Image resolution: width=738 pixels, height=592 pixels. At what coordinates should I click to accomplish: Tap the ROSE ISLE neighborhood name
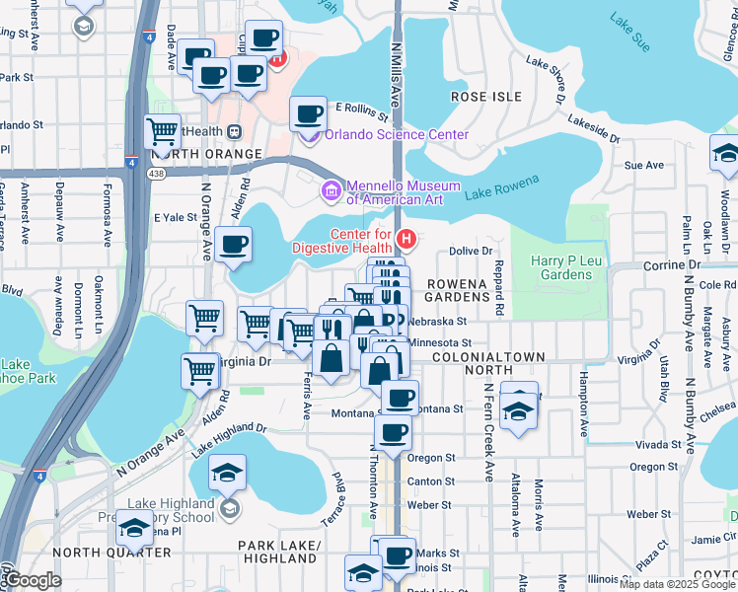pos(484,97)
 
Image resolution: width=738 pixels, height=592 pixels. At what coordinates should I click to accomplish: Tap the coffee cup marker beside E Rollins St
pos(309,114)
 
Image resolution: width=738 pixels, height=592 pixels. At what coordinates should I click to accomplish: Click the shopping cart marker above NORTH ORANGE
pos(163,130)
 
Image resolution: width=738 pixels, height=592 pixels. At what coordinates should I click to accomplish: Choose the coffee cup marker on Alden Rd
pos(234,245)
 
